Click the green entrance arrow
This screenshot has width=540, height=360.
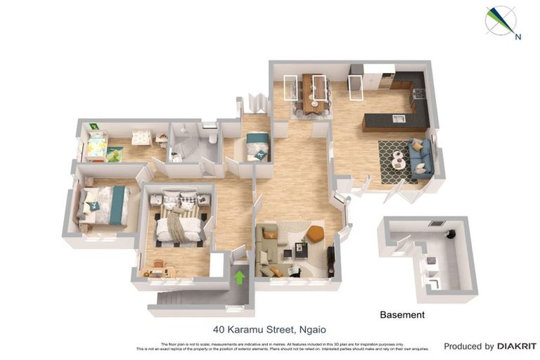239,277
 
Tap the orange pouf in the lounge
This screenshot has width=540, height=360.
315,233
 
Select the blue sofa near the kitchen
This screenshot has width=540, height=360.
419,157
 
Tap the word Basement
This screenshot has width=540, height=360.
402,315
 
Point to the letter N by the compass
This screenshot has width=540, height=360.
518,37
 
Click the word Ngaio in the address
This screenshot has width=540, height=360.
310,329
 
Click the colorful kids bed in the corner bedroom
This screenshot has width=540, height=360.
96,146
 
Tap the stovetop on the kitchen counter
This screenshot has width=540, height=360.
418,94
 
